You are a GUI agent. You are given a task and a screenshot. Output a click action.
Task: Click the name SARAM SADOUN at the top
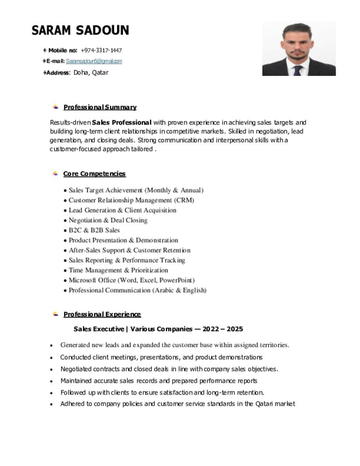(x=80, y=30)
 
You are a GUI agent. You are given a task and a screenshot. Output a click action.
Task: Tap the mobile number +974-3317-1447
(x=101, y=50)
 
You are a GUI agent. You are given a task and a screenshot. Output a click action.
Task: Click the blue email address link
(x=94, y=61)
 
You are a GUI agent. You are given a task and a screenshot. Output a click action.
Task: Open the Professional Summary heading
(x=100, y=107)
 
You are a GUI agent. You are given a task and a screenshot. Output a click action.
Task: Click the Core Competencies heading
(x=94, y=174)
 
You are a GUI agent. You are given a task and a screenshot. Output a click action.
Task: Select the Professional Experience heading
(x=102, y=314)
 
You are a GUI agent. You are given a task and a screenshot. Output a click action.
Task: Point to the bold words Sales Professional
(x=122, y=122)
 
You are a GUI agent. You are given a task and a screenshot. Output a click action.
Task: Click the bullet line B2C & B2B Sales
(x=94, y=230)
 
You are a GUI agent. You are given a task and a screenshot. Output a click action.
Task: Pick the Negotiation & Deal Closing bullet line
(x=108, y=220)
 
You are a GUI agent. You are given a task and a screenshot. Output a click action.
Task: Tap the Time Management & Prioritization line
(x=118, y=270)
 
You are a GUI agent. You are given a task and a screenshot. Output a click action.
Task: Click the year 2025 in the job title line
(x=234, y=329)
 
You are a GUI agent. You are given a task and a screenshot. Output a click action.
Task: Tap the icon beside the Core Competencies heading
(x=55, y=173)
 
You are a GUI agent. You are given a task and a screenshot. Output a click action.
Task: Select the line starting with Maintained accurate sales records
(x=158, y=381)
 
